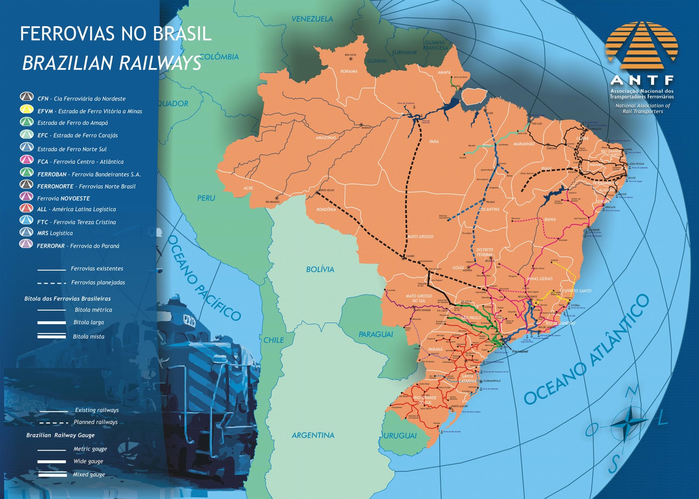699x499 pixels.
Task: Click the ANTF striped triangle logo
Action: click(x=641, y=42)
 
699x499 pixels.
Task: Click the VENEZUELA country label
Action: click(x=312, y=19)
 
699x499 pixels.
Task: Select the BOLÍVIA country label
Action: click(x=320, y=270)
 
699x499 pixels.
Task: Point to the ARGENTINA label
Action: click(x=313, y=435)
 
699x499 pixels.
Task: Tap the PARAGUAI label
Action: click(x=376, y=334)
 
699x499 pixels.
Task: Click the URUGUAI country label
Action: click(x=400, y=436)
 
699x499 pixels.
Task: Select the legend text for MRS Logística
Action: click(x=55, y=233)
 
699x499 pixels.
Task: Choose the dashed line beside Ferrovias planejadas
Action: click(x=52, y=283)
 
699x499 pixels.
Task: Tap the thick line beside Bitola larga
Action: click(x=52, y=323)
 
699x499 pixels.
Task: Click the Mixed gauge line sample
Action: click(x=52, y=474)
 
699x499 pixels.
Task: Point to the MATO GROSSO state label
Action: click(x=420, y=236)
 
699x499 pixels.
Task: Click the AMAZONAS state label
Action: click(x=326, y=138)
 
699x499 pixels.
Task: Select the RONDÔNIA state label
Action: click(x=326, y=210)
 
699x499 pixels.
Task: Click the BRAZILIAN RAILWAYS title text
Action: click(x=111, y=63)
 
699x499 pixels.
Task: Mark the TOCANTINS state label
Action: click(x=489, y=209)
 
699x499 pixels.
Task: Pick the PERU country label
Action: click(x=206, y=198)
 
